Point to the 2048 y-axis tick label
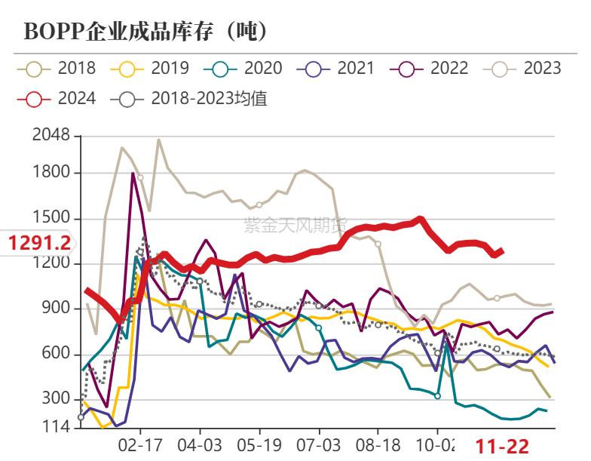coord(51,137)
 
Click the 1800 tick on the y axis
coord(51,173)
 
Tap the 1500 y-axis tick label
coord(51,219)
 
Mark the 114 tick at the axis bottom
coord(56,428)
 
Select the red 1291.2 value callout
coord(39,243)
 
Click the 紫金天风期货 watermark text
coord(295,224)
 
